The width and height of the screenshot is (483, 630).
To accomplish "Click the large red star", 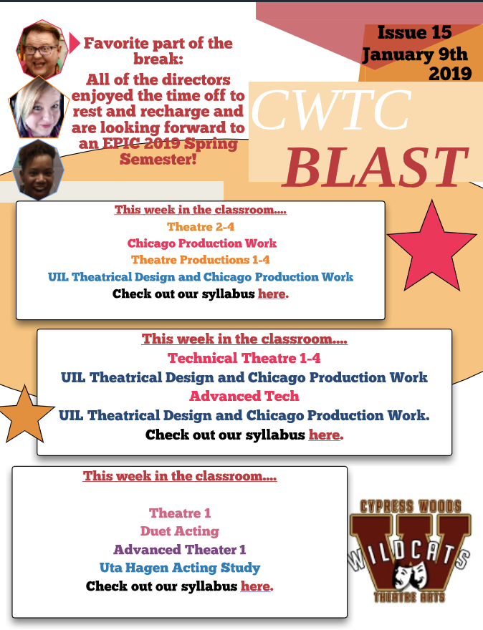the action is click(x=432, y=246).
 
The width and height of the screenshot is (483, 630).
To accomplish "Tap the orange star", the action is click(x=25, y=415).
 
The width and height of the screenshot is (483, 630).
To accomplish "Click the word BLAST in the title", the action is click(x=376, y=168).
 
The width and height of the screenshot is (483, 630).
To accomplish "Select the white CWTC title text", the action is click(x=331, y=110).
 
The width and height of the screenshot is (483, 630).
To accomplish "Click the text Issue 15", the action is click(x=414, y=32).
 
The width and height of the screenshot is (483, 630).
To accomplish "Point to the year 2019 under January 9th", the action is click(x=450, y=73).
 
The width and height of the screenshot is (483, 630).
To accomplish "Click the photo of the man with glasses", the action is click(x=42, y=49).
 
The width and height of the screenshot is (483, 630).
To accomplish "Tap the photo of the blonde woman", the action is click(x=37, y=107).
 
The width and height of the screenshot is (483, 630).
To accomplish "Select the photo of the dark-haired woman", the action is click(x=37, y=170).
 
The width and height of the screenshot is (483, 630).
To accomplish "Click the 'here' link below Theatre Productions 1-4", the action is click(x=272, y=294).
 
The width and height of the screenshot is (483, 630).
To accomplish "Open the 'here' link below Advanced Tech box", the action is click(x=324, y=435).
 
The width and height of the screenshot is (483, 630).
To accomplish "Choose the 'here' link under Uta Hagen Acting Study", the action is click(x=255, y=586).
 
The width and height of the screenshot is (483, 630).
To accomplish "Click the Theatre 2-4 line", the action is click(x=201, y=227).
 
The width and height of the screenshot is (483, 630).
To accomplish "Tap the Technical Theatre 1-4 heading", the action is click(x=244, y=358).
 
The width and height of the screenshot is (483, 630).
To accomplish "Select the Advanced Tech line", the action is click(x=244, y=396).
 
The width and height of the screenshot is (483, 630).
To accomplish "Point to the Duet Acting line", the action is click(x=180, y=531).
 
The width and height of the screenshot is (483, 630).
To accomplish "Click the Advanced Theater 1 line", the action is click(x=180, y=549).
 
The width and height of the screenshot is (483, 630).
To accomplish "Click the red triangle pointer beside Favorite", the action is click(x=75, y=43).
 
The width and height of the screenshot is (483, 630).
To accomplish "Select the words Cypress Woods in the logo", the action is click(x=410, y=506).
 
